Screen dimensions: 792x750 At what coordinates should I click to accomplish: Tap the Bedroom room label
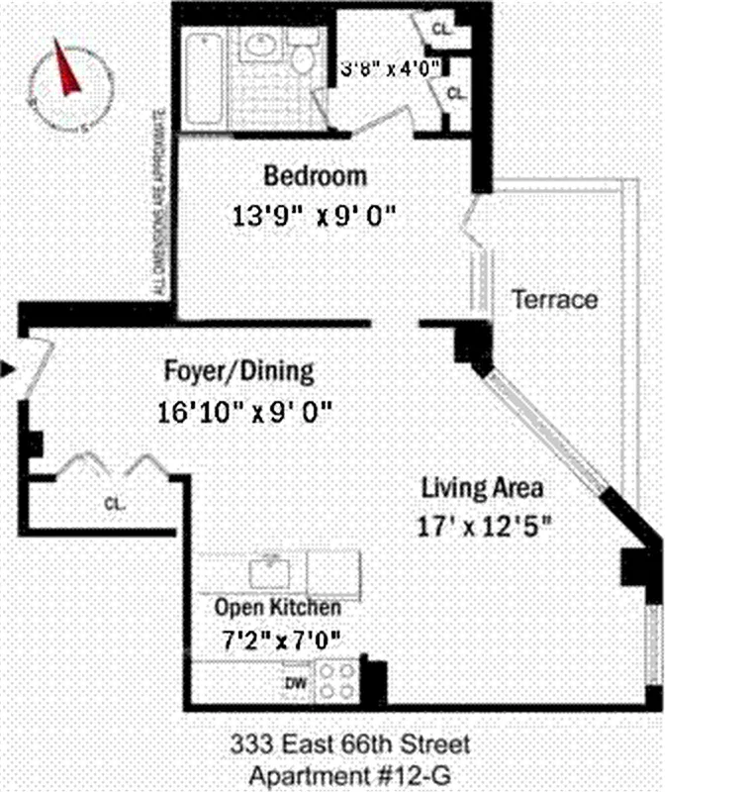(x=315, y=176)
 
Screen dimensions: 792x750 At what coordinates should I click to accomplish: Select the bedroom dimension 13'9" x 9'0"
(x=315, y=215)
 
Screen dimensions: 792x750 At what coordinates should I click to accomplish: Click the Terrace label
(x=554, y=299)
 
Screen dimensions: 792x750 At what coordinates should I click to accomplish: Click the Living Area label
(x=482, y=488)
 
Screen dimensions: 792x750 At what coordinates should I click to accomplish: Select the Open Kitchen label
(x=278, y=607)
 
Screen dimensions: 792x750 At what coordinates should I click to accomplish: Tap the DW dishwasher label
(x=295, y=682)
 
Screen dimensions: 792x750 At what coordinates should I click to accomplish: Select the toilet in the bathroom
(x=302, y=55)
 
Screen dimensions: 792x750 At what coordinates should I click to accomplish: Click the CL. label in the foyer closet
(x=115, y=503)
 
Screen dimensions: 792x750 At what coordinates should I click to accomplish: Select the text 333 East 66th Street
(x=350, y=743)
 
